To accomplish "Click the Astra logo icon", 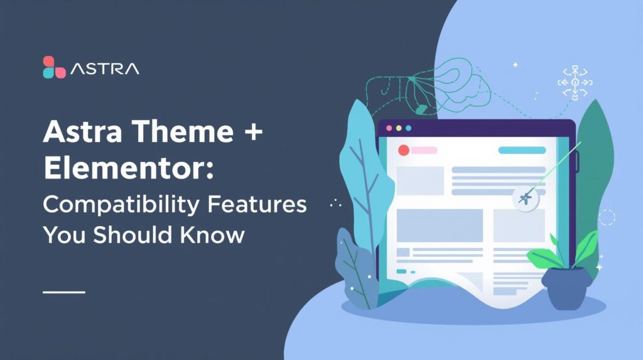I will (x=54, y=67).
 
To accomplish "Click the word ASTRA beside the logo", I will (x=105, y=68).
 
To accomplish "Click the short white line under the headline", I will (x=63, y=292).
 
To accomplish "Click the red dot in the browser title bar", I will (x=389, y=128).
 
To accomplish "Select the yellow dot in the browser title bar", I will (x=398, y=128).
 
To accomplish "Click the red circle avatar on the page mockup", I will (x=404, y=150).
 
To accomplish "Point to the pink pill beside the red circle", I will (x=424, y=150).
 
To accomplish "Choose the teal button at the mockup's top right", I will (x=522, y=150).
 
